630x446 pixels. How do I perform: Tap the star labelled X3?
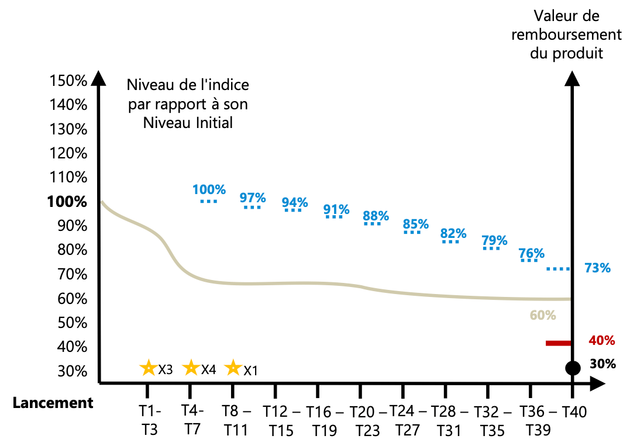148,368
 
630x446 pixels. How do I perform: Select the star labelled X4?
191,368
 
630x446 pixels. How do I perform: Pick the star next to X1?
233,368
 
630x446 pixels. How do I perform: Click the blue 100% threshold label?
209,189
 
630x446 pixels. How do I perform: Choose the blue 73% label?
597,268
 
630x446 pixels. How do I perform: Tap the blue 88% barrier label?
376,216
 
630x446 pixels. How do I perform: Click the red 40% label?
601,340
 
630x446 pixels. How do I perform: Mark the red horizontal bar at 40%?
558,343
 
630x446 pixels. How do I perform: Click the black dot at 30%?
573,368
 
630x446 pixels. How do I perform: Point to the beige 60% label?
542,315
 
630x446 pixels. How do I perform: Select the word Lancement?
53,403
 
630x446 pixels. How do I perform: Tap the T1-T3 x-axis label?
150,420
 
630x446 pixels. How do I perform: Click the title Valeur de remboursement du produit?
566,35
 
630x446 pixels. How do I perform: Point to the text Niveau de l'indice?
188,85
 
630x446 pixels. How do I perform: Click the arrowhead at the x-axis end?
597,383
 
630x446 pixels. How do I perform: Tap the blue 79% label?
494,240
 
